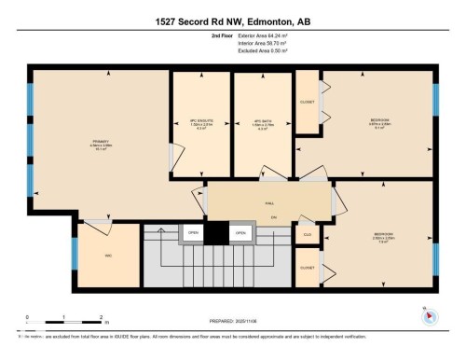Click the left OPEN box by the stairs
point(193,233)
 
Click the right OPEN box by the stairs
point(240,233)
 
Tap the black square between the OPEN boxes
point(216,233)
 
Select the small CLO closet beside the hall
point(307,234)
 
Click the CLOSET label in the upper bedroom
point(307,103)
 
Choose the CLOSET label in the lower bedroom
point(307,267)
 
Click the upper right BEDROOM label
point(380,120)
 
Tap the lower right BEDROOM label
point(383,234)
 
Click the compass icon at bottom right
point(430,315)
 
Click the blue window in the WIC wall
point(75,253)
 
